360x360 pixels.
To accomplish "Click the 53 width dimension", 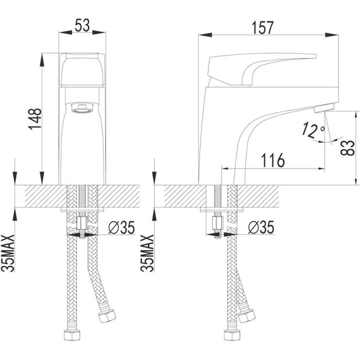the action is pyautogui.click(x=82, y=25).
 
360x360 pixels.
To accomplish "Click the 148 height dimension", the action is pyautogui.click(x=35, y=119).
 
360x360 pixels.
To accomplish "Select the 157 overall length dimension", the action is pyautogui.click(x=263, y=28).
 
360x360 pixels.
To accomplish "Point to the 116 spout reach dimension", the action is pyautogui.click(x=273, y=160).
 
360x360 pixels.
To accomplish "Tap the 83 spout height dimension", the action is pyautogui.click(x=348, y=148).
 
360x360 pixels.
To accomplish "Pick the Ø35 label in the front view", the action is pyautogui.click(x=122, y=227).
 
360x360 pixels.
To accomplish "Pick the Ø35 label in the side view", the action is pyautogui.click(x=261, y=227).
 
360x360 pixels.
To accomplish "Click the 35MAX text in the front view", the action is pyautogui.click(x=8, y=253).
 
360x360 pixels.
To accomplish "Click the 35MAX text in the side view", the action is pyautogui.click(x=147, y=253).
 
